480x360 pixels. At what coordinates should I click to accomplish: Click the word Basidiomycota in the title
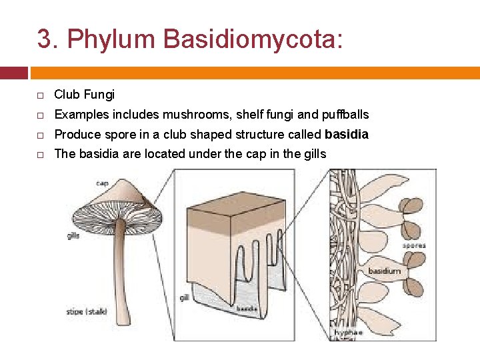[x=253, y=39]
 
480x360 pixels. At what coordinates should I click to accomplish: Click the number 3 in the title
[x=44, y=39]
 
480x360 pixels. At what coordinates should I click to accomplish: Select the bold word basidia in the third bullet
[x=347, y=135]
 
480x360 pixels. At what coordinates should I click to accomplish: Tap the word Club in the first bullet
[x=66, y=95]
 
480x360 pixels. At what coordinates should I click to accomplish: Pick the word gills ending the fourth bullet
[x=313, y=154]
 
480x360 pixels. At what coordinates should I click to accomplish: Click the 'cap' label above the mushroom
[x=103, y=183]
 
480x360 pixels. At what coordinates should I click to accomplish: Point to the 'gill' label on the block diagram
[x=184, y=297]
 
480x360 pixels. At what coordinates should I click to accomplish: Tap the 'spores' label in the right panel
[x=413, y=246]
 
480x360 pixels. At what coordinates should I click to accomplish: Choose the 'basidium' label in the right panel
[x=385, y=271]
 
